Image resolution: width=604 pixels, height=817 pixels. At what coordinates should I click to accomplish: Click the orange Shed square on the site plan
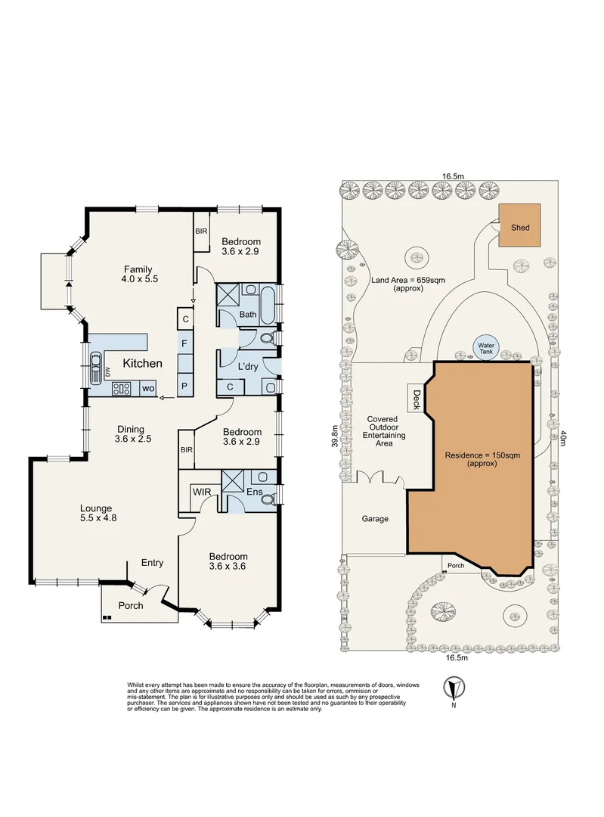coord(519,225)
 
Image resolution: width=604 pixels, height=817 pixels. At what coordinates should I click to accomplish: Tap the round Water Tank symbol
coord(486,347)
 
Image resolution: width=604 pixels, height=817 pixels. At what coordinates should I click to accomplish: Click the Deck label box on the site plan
coord(417,399)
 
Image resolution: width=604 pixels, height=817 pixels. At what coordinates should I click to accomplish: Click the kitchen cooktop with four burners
coord(121,389)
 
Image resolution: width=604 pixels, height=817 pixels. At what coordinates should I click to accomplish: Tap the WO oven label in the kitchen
coord(148,389)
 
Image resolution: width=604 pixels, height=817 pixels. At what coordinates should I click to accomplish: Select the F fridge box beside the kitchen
coord(185,344)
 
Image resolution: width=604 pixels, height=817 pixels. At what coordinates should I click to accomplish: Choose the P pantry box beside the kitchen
coord(185,387)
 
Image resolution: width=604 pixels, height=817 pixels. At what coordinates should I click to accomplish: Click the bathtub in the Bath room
coord(268,304)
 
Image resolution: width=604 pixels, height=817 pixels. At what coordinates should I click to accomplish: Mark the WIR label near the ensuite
coord(202,492)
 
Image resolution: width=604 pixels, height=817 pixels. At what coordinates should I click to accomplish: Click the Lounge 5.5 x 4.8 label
coord(98,513)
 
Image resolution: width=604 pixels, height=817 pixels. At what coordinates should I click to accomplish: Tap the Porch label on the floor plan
coord(131,605)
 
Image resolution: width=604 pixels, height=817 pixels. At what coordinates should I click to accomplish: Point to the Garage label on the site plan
coord(375,519)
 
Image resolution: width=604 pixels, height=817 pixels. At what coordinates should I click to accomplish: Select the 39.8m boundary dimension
coord(336,436)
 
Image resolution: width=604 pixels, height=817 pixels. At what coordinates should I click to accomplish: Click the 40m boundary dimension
coord(562,436)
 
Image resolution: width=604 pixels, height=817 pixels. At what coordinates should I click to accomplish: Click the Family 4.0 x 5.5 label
coord(138,274)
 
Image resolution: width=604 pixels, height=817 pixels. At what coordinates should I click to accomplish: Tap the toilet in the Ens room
coord(268,499)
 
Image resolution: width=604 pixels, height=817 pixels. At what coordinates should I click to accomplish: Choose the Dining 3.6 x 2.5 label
coord(132,434)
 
